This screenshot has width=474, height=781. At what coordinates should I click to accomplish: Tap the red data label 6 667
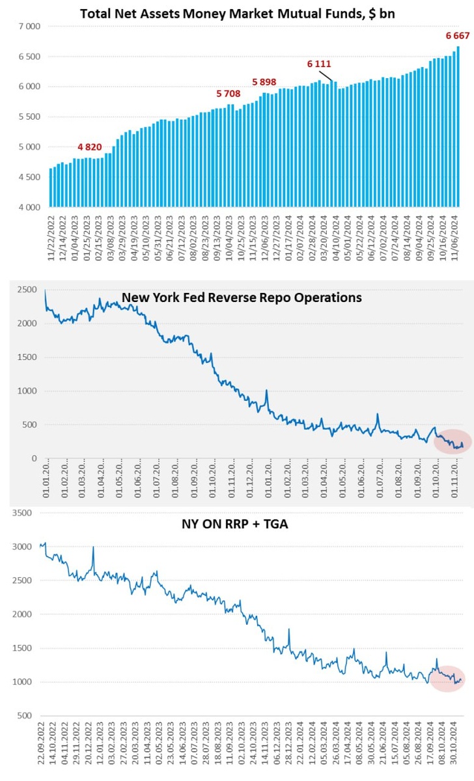pyautogui.click(x=457, y=35)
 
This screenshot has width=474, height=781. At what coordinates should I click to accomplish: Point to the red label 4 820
pyautogui.click(x=90, y=146)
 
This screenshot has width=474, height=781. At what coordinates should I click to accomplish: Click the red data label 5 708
pyautogui.click(x=228, y=94)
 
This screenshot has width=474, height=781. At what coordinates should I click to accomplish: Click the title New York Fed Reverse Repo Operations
pyautogui.click(x=242, y=297)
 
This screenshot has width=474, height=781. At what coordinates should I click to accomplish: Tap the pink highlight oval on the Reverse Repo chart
pyautogui.click(x=453, y=443)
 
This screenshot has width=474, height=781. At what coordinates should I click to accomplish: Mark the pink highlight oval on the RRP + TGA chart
pyautogui.click(x=447, y=678)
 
